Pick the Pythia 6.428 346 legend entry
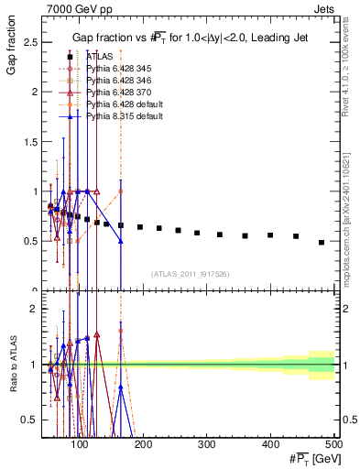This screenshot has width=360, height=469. (113, 81)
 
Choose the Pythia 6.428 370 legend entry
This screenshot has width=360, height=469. (113, 93)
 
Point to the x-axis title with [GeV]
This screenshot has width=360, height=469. (311, 459)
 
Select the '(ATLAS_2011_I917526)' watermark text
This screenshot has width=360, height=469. (191, 273)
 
